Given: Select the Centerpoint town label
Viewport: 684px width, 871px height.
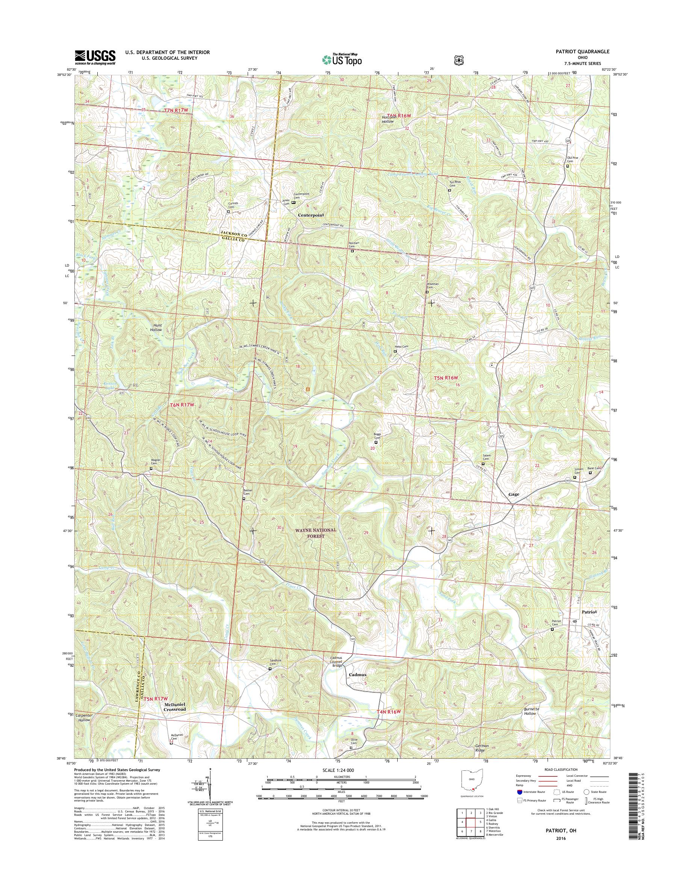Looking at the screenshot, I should point(311,215).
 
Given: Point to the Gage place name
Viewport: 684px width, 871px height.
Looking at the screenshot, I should point(514,494).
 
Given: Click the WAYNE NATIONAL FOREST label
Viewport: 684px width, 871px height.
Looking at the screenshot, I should point(316,532).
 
